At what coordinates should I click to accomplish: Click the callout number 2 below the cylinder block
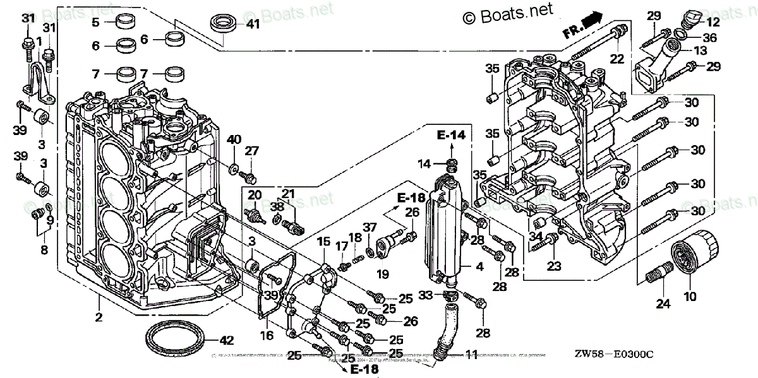[x=99, y=317]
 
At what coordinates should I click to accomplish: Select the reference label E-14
[x=451, y=135]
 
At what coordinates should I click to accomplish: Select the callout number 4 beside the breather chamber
[x=479, y=267]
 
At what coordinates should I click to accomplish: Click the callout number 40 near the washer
[x=234, y=139]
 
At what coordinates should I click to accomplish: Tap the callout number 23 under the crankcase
[x=553, y=267]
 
